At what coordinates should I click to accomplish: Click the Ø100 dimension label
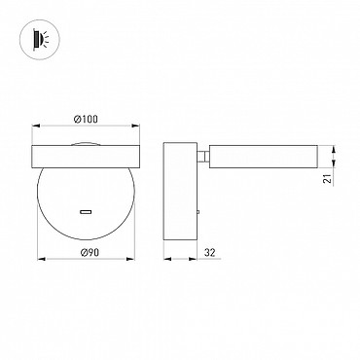click(86, 120)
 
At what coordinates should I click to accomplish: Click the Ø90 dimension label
click(90, 252)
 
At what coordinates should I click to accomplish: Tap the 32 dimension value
click(210, 252)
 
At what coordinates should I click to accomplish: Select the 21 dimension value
click(329, 178)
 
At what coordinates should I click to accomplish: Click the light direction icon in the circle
click(39, 40)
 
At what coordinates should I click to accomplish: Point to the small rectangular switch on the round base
click(86, 212)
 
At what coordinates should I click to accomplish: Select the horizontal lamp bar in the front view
click(86, 157)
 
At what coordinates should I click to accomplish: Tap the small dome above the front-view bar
click(86, 144)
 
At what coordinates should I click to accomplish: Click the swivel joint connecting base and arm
click(203, 157)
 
